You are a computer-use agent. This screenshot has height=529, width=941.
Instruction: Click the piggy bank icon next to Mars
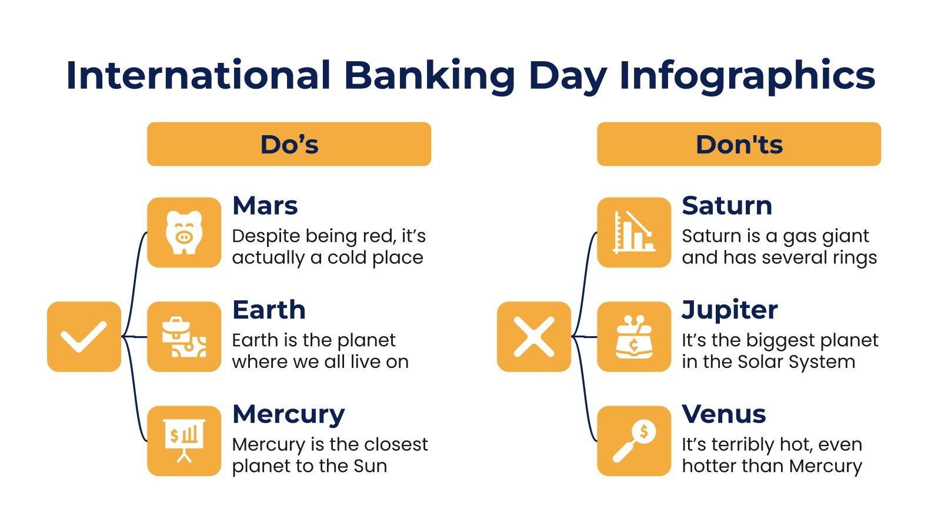[x=184, y=233]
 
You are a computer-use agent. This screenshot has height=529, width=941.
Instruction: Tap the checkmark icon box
[x=84, y=337]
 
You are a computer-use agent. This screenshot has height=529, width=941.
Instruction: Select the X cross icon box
[x=534, y=337]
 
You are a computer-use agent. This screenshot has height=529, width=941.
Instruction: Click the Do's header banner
[x=289, y=144]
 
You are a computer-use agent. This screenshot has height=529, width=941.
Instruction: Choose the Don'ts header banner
[x=739, y=144]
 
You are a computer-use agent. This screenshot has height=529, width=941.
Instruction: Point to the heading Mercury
[x=288, y=414]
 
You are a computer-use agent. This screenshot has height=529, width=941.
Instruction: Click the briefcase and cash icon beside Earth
[x=184, y=337]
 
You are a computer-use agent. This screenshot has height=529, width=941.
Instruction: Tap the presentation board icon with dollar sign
[x=184, y=441]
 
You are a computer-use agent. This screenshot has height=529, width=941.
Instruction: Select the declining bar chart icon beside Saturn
[x=634, y=233]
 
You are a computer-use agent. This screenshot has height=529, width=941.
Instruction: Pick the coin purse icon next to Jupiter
[x=634, y=337]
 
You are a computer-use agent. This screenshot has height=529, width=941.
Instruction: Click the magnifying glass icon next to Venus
[x=634, y=441]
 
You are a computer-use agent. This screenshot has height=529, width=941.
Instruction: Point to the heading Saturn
[x=727, y=206]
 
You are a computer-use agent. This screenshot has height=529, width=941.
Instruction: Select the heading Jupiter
[x=729, y=310]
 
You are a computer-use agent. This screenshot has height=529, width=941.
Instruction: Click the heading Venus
[x=723, y=414]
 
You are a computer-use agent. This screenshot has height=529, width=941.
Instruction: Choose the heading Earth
[x=269, y=310]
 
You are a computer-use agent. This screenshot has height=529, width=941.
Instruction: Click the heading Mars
[x=265, y=206]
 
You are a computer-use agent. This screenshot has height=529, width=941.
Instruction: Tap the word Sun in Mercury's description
[x=370, y=466]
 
